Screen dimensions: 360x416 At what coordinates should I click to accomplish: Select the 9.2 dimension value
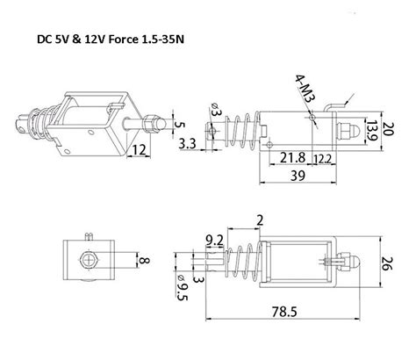click(x=213, y=237)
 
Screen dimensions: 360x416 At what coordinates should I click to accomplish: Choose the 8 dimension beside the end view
click(x=145, y=259)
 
